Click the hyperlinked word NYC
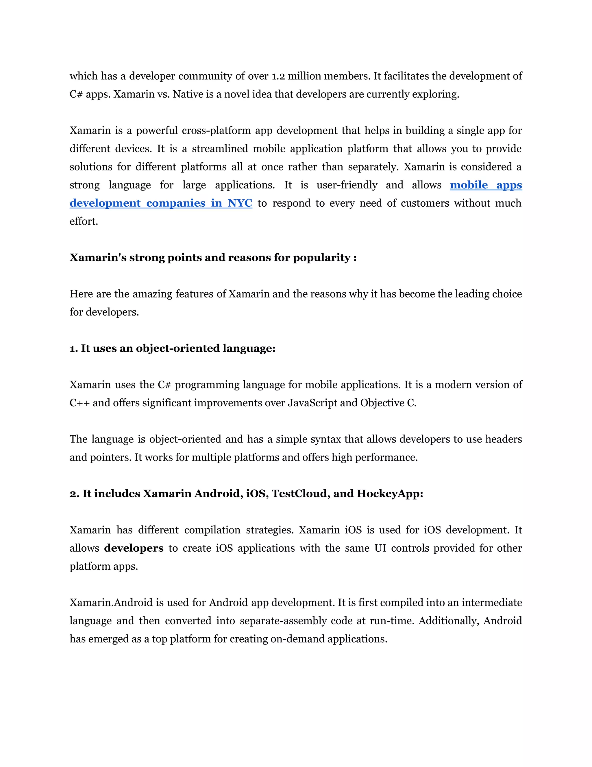click(x=240, y=203)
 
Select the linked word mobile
click(x=469, y=185)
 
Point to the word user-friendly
click(x=347, y=185)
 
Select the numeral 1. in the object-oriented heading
click(x=74, y=349)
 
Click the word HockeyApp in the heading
click(x=390, y=494)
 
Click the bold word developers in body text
click(x=134, y=548)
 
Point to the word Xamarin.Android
click(x=112, y=603)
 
